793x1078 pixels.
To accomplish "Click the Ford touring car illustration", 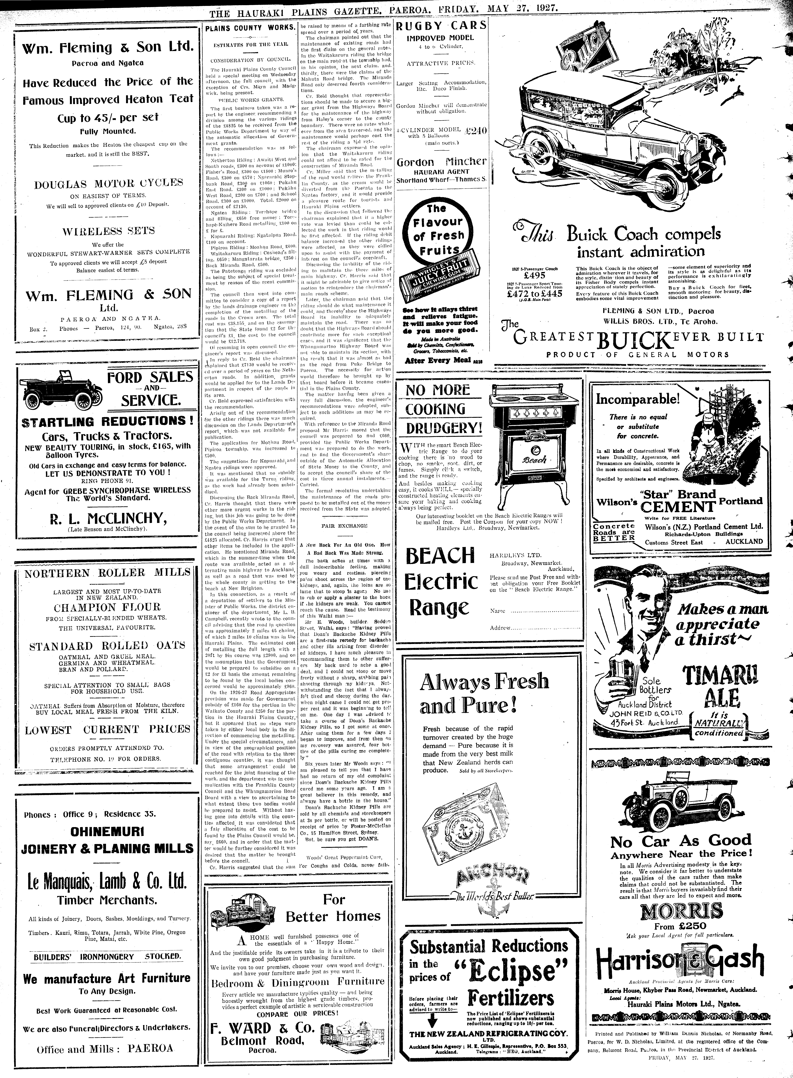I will [61, 389].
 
